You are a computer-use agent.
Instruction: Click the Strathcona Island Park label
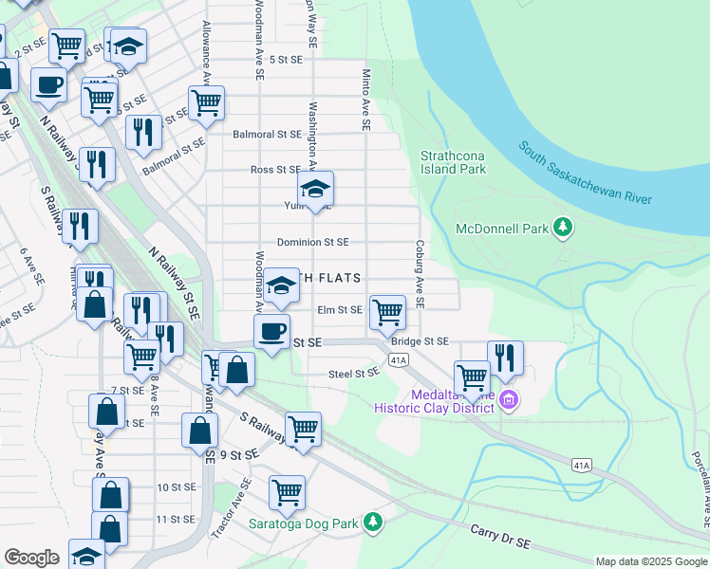click(454, 162)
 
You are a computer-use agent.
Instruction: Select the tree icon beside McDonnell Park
click(564, 227)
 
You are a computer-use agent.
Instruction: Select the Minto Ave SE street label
click(364, 99)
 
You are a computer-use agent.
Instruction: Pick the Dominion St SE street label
click(312, 242)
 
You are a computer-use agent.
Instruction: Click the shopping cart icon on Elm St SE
click(387, 311)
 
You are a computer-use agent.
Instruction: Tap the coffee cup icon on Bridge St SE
click(272, 332)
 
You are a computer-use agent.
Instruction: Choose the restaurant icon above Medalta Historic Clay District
click(505, 358)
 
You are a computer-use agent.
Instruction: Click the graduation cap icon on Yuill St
click(316, 187)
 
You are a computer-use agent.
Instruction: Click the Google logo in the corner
click(32, 558)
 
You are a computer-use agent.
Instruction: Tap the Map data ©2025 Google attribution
click(650, 561)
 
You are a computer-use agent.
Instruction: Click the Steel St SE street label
click(354, 374)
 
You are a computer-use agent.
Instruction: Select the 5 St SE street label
click(286, 59)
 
